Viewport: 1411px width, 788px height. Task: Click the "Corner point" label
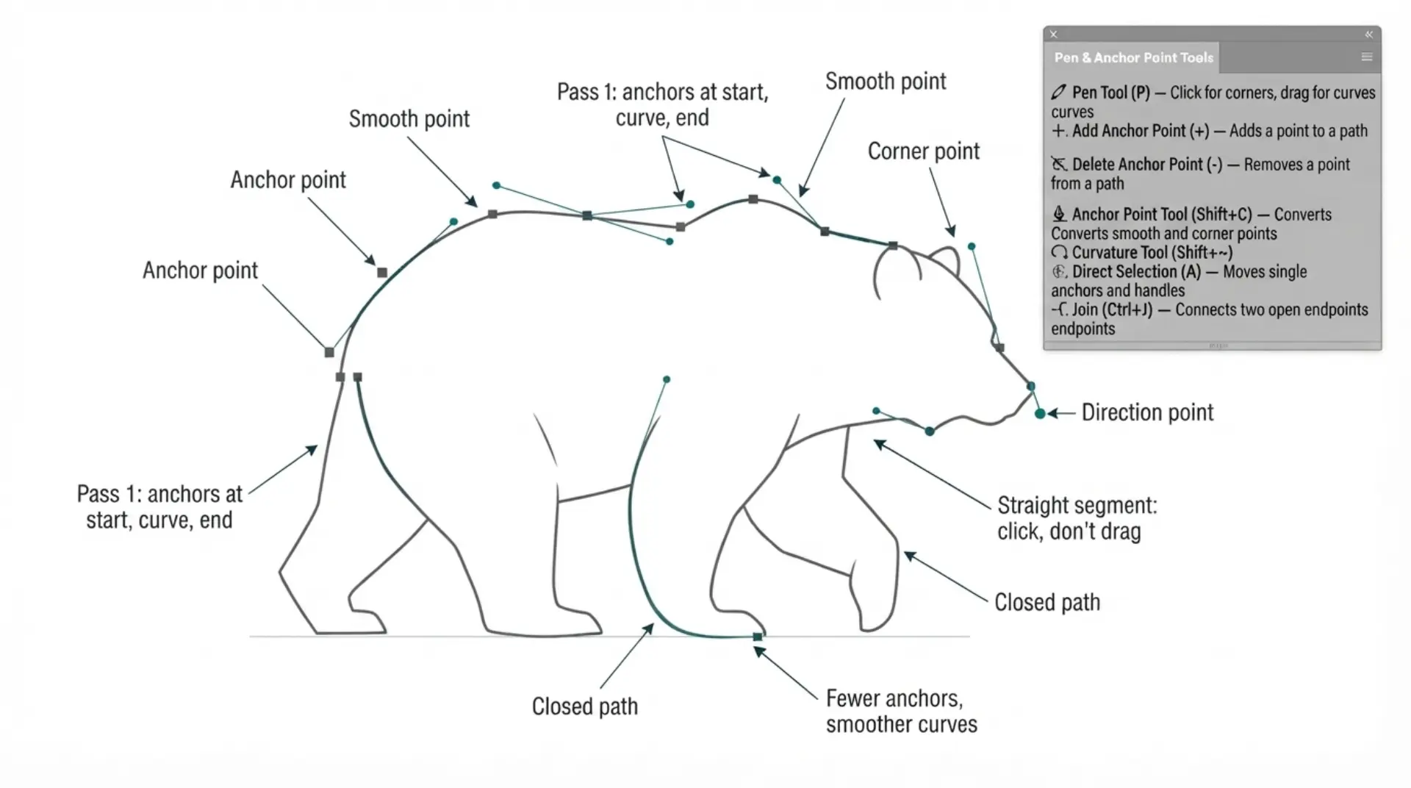click(923, 151)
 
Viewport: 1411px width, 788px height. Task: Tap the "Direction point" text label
click(1147, 412)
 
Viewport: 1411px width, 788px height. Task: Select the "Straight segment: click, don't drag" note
click(1077, 518)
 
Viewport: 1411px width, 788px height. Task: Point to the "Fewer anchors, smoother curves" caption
click(901, 711)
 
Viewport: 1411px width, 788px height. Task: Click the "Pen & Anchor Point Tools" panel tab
click(1133, 57)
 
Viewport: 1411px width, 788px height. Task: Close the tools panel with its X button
click(1053, 34)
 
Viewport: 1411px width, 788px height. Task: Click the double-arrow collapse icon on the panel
click(1368, 34)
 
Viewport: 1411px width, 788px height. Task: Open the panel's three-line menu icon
click(1366, 57)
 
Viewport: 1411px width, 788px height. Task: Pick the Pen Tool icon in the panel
click(1058, 92)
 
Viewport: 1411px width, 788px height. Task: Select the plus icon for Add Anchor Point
click(1058, 131)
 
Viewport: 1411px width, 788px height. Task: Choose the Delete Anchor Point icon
click(1058, 164)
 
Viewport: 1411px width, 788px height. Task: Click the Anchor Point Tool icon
click(1059, 214)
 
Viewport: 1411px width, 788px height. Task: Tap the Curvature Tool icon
click(1059, 253)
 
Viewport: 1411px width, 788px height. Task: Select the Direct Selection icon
click(1058, 271)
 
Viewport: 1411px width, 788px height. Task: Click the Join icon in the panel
click(1059, 309)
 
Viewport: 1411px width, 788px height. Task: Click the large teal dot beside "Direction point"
click(1040, 414)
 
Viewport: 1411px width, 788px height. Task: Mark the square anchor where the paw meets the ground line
click(758, 637)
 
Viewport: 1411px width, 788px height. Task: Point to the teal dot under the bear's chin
click(930, 431)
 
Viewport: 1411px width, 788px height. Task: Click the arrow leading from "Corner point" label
click(942, 202)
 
